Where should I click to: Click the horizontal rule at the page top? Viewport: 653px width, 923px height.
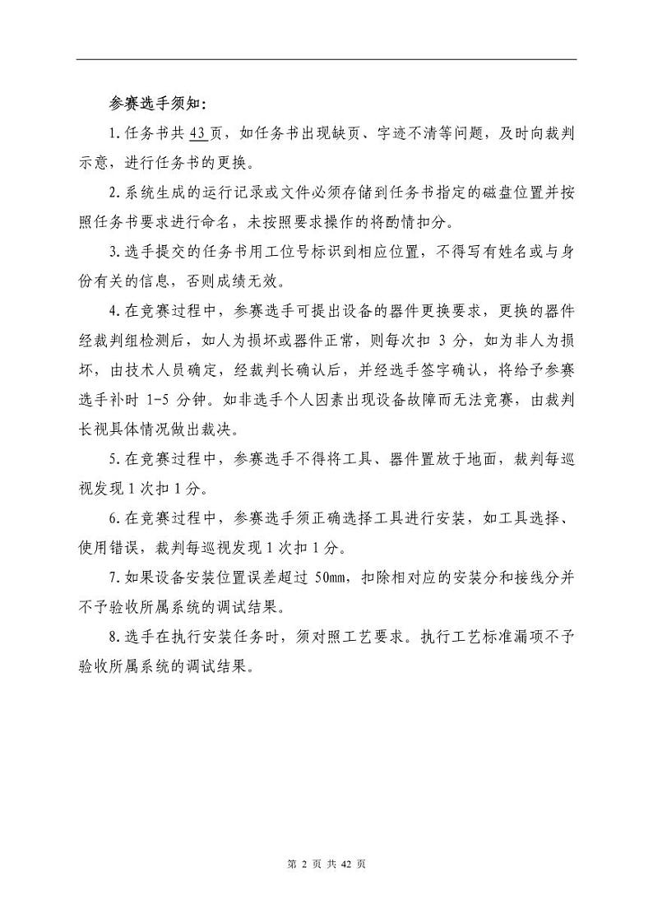pos(326,59)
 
